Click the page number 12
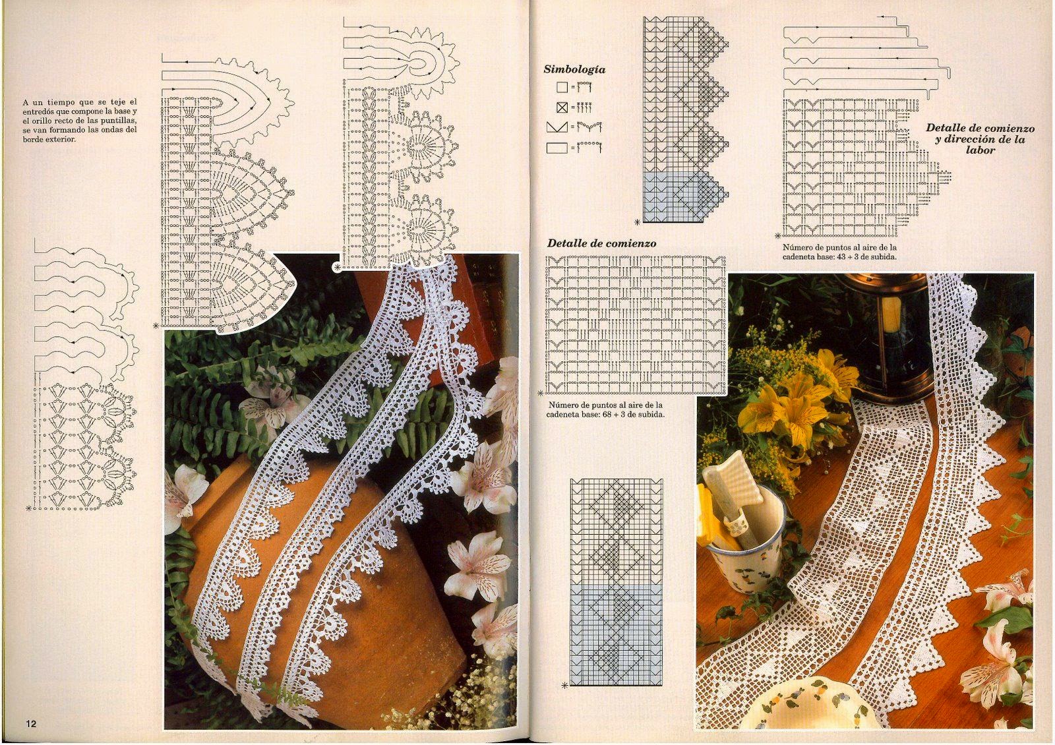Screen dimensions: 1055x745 tap(31, 724)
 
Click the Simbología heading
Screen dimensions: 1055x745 tap(574, 70)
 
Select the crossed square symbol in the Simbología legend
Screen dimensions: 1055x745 tap(562, 107)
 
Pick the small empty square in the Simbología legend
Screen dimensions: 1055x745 tap(561, 87)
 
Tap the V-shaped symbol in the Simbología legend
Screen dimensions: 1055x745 tap(557, 127)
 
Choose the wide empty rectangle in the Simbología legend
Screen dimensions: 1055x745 tap(557, 148)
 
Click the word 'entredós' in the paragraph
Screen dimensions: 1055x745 tap(39, 111)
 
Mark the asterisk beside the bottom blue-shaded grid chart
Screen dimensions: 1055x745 tap(564, 686)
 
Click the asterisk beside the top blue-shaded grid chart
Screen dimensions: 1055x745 tap(637, 222)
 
